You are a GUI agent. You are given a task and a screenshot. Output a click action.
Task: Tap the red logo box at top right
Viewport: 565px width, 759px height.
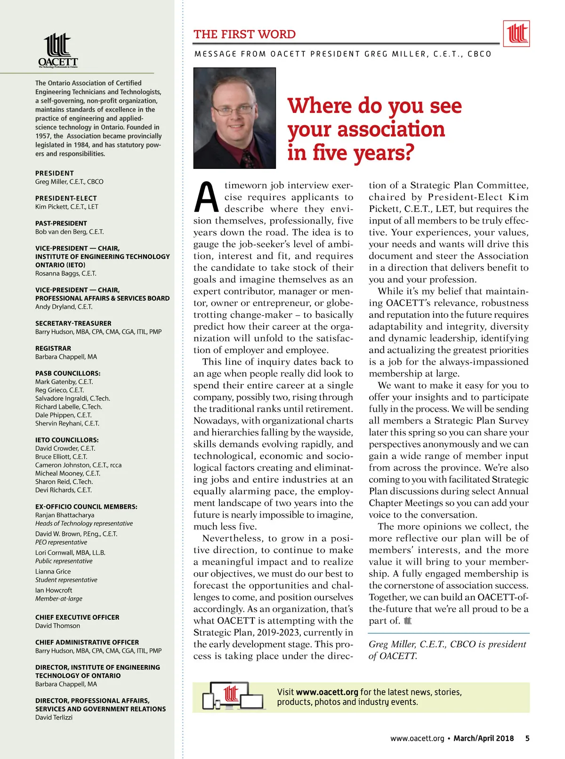pos(517,33)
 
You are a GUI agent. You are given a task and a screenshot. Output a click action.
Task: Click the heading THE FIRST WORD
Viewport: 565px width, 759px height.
pos(244,34)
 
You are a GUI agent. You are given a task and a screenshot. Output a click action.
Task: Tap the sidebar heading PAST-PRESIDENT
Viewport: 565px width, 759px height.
pos(61,223)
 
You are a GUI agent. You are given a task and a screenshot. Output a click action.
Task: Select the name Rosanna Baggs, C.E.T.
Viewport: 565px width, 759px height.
pos(65,273)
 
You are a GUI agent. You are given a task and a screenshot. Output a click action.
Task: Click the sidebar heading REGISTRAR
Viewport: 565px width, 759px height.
pos(53,348)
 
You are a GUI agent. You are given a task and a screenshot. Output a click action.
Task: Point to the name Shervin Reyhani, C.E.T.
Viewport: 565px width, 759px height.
pos(67,423)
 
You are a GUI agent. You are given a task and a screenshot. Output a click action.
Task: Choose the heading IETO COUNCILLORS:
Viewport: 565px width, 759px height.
pos(67,440)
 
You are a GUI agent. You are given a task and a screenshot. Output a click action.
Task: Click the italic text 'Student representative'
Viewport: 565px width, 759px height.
pos(66,580)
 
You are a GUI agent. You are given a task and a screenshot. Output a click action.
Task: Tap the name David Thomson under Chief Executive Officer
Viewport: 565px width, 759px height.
pos(57,626)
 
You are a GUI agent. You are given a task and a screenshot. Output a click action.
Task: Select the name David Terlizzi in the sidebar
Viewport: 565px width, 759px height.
pos(54,717)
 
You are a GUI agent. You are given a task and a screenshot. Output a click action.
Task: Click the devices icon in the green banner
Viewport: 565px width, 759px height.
pos(234,696)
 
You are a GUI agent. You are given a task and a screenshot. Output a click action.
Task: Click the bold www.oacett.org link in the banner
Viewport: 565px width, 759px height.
pos(327,692)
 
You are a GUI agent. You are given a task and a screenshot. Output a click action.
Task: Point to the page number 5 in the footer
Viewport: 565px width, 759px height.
pos(527,738)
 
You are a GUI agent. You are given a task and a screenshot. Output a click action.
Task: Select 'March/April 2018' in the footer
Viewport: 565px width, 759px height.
pos(484,738)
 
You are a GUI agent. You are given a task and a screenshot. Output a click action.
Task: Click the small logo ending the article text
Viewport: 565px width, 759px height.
pos(408,621)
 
